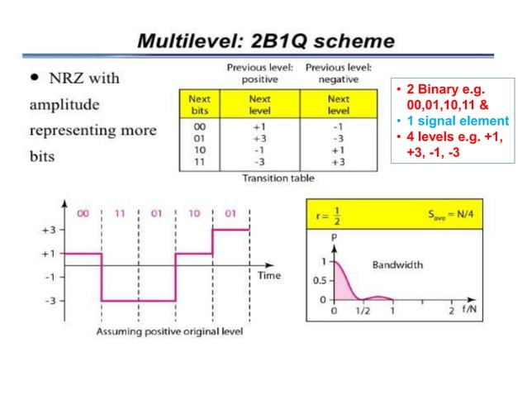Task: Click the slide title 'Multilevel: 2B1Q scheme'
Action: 265,40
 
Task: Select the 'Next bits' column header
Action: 199,104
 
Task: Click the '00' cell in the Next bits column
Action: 198,126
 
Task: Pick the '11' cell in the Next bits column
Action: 198,162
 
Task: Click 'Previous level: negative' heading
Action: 339,73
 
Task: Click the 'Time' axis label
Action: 269,275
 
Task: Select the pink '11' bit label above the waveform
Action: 120,213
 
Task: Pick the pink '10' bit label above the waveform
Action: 193,213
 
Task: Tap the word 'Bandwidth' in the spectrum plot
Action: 397,265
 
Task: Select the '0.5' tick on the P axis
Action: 319,280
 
